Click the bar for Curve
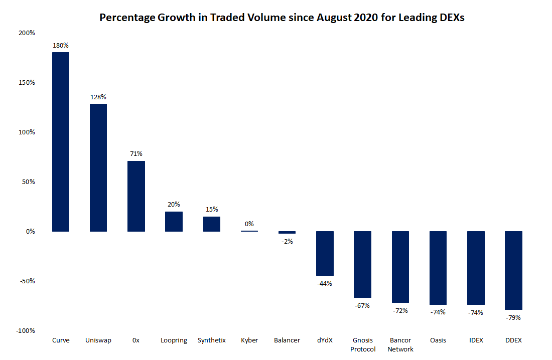[61, 142]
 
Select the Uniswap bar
[98, 167]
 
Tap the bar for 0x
[136, 196]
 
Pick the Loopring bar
[174, 221]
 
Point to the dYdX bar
[325, 253]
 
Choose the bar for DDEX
[513, 270]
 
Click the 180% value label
[61, 46]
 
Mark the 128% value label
[98, 97]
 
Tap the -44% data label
[325, 283]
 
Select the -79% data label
[513, 317]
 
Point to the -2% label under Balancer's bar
[287, 241]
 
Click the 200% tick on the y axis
[27, 33]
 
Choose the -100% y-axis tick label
[25, 330]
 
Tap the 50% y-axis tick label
[28, 182]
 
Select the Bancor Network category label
[400, 344]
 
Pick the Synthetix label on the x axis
[212, 340]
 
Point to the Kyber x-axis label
[249, 340]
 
